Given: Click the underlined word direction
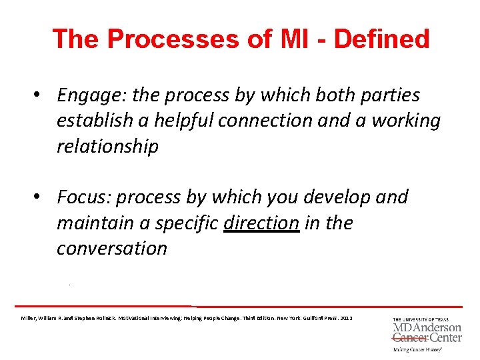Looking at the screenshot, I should (x=261, y=223).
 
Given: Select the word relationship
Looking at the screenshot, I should (x=107, y=147).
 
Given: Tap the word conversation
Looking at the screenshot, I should (x=111, y=248).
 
